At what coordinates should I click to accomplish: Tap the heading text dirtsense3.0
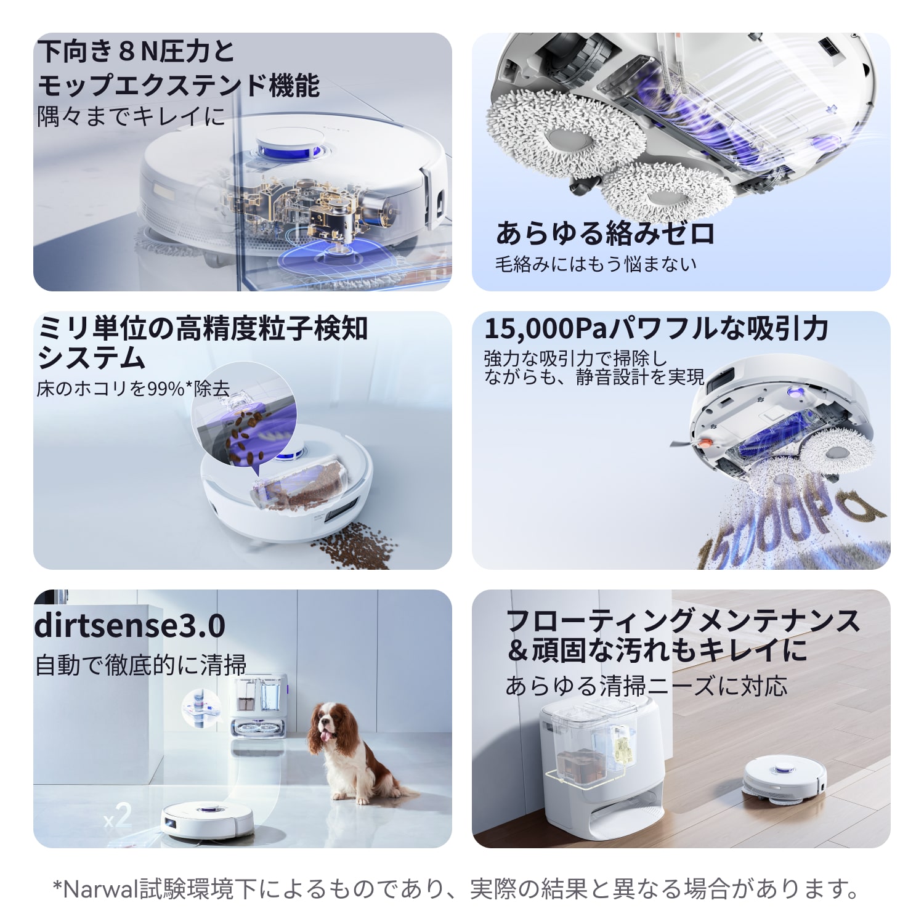pos(130,626)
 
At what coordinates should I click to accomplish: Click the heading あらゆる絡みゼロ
pos(605,233)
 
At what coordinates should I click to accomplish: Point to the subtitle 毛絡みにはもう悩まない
pos(596,264)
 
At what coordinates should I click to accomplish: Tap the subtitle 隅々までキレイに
pos(131,116)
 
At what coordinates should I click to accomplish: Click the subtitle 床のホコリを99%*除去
pos(133,389)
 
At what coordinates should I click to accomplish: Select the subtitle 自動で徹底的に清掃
pos(141,665)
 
